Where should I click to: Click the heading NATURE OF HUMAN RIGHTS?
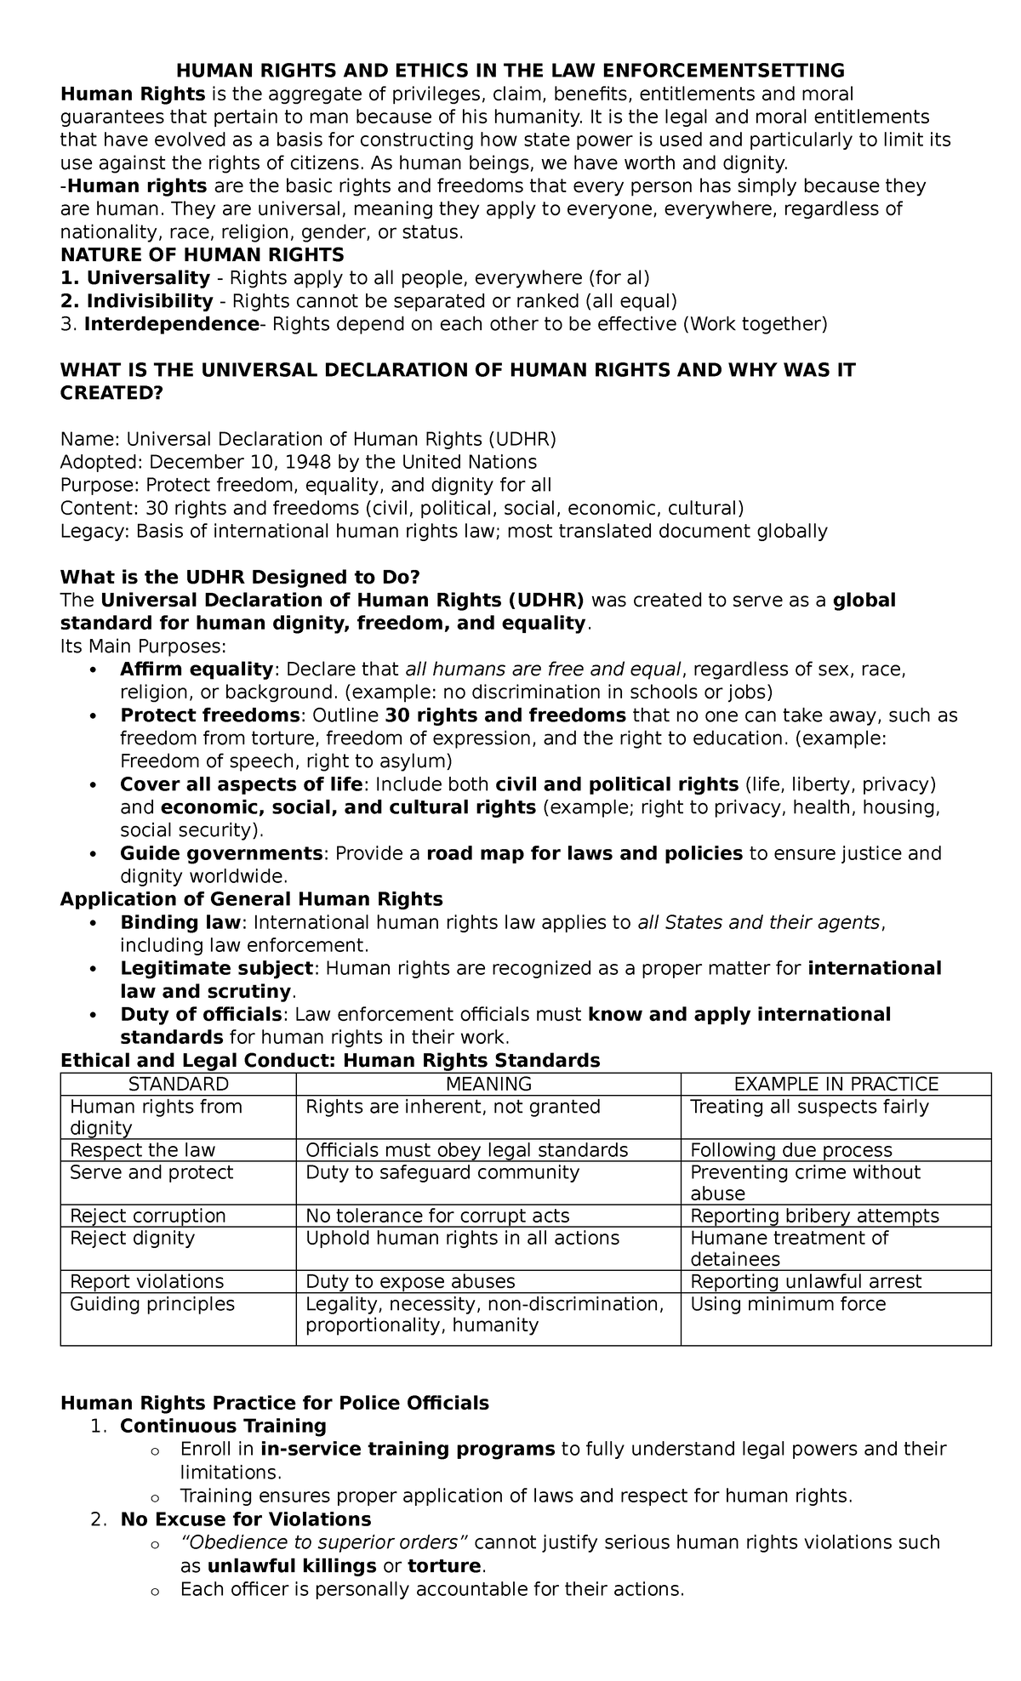pos(202,254)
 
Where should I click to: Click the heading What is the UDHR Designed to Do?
pos(240,578)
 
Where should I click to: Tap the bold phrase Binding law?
pos(181,922)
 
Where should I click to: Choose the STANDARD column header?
pos(178,1084)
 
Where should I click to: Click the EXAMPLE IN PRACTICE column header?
pos(836,1084)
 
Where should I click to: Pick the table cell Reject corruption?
pos(148,1216)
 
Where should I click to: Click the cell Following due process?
pos(791,1150)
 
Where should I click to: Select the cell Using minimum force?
pos(788,1304)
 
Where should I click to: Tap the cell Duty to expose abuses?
pos(410,1281)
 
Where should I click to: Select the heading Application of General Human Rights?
pos(252,899)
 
